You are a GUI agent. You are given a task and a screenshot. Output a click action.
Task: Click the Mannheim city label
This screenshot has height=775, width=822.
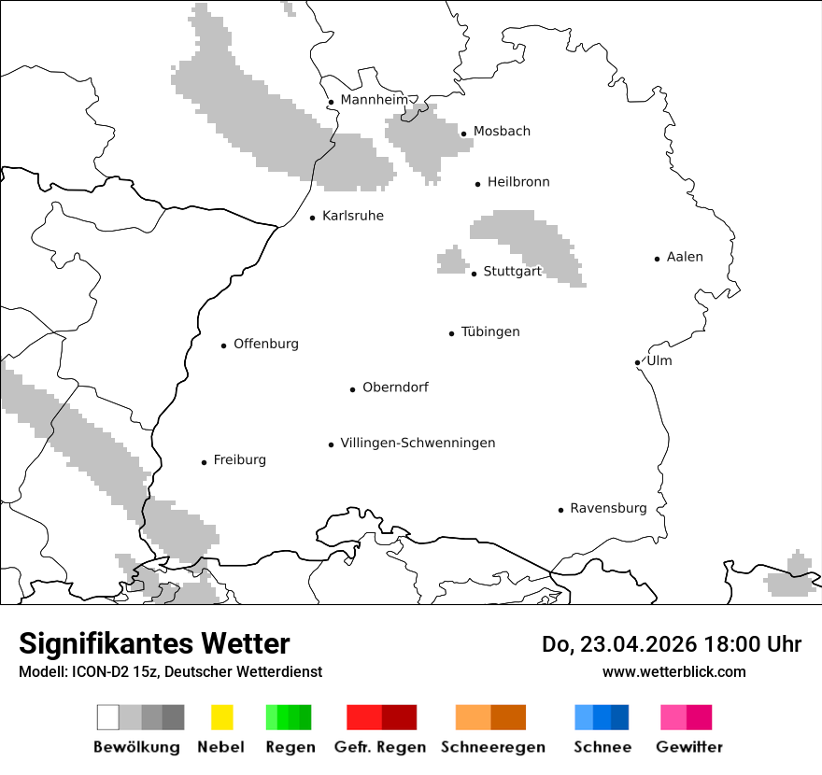374,100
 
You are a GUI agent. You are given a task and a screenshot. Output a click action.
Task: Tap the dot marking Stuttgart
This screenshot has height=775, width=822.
474,274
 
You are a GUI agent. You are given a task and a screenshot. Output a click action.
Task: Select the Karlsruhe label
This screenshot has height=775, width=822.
352,216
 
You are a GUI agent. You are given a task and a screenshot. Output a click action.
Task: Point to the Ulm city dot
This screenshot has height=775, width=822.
637,362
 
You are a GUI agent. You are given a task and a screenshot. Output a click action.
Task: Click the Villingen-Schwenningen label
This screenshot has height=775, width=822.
418,443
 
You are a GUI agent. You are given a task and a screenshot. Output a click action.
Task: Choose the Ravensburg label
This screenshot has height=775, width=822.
608,508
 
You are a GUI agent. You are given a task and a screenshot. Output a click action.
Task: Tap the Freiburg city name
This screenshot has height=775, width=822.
239,459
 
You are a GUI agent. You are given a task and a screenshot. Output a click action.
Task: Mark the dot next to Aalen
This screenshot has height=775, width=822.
657,259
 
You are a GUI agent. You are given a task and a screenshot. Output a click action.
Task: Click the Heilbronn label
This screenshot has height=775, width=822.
518,182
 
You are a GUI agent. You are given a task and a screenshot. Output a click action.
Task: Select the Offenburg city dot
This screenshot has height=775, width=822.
223,345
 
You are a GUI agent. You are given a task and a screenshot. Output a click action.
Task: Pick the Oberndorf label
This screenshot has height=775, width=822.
395,387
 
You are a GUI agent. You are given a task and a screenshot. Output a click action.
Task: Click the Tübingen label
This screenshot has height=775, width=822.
490,331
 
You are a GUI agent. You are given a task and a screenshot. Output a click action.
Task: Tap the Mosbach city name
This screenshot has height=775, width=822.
502,132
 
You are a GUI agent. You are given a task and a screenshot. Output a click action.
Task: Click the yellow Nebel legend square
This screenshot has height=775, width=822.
221,717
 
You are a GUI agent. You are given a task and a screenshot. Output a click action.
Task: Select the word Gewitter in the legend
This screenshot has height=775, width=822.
688,747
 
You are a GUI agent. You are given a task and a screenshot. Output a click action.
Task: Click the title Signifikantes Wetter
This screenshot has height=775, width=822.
154,643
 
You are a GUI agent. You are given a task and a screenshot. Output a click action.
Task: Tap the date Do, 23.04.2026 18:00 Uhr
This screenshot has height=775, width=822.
671,644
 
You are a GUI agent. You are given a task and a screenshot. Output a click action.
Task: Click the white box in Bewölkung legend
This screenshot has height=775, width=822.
107,717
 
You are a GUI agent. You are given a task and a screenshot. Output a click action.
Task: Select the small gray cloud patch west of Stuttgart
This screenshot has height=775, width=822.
453,261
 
